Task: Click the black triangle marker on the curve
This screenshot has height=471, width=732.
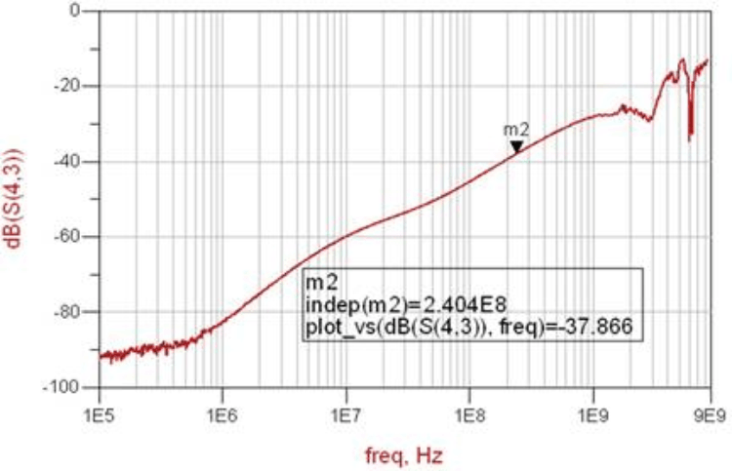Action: tap(516, 147)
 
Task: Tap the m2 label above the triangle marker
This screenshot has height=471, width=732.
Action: tap(515, 130)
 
